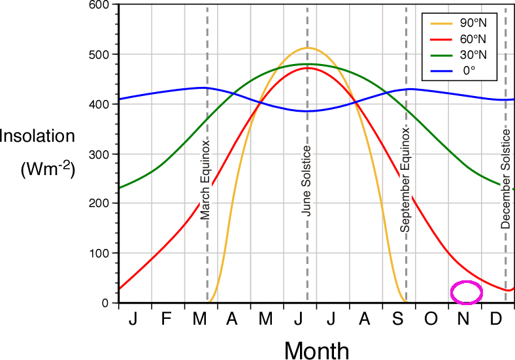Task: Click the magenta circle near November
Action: [x=467, y=292]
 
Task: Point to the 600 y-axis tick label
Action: [x=98, y=5]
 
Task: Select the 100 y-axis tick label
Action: [x=98, y=253]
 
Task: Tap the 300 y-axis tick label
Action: [x=98, y=154]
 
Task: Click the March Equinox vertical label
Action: [x=205, y=179]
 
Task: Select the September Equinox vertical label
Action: [x=405, y=180]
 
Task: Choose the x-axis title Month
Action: [x=316, y=350]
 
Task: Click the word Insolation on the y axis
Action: [x=37, y=137]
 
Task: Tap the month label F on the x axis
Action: [x=166, y=319]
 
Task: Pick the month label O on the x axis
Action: [x=431, y=319]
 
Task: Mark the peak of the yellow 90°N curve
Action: [x=307, y=48]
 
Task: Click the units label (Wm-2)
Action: [x=48, y=169]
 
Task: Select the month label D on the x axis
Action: [x=496, y=319]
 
